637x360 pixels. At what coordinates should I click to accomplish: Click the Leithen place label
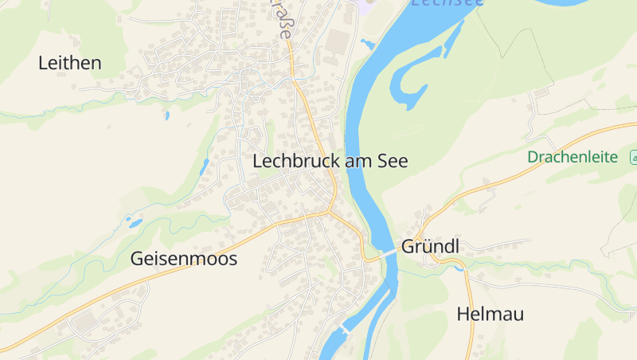tap(70, 63)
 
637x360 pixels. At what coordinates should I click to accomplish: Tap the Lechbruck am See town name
tap(330, 161)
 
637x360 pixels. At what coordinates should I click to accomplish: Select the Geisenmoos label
tap(184, 259)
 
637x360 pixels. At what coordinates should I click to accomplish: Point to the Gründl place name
tap(431, 246)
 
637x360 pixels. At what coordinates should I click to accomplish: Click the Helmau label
tap(490, 315)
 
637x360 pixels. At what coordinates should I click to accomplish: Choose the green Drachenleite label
tap(573, 157)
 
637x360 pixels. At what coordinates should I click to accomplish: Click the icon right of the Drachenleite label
tap(634, 155)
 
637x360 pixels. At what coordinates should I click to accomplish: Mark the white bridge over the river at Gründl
tap(389, 253)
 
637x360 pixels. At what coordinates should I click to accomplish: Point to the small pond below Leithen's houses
tap(166, 115)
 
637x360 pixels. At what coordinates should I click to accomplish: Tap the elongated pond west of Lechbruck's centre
tap(205, 166)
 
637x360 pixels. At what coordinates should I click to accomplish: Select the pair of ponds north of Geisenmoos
tap(134, 222)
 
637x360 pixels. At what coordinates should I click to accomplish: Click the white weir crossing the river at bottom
tap(345, 328)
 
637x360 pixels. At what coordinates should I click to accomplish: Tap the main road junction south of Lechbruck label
tap(329, 212)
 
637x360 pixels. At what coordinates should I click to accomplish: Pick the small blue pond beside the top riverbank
tap(367, 43)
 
